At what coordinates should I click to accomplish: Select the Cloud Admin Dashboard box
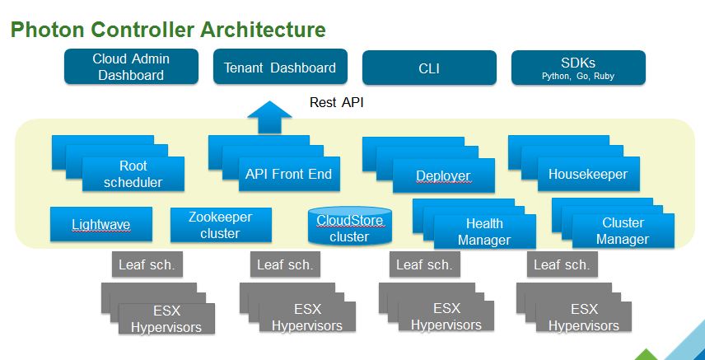click(131, 67)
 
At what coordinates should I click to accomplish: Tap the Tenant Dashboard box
click(280, 68)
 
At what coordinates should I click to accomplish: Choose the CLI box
click(429, 68)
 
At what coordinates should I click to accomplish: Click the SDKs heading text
click(578, 62)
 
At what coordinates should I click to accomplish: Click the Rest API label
click(335, 103)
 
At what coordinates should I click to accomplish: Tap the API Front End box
click(288, 174)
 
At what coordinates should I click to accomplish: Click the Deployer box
click(443, 175)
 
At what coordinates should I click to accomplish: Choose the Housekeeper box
click(588, 174)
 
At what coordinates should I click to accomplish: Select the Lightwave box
click(100, 224)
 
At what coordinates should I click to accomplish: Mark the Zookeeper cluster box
click(220, 225)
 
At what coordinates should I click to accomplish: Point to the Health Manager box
click(483, 231)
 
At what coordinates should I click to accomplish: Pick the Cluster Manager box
click(623, 231)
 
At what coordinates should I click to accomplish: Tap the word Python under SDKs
click(556, 76)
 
